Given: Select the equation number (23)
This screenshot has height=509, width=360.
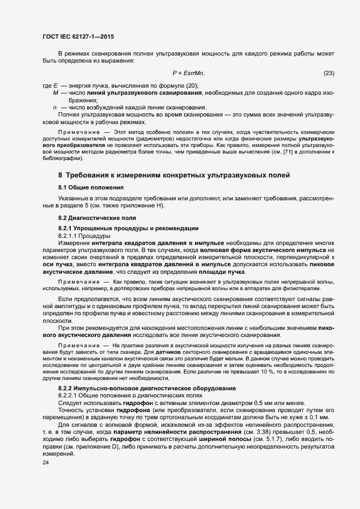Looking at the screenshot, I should click(329, 73).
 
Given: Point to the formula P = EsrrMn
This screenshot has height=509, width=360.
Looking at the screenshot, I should click(188, 73).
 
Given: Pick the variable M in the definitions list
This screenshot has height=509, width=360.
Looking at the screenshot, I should click(56, 94).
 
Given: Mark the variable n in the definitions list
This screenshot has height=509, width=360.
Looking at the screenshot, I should click(55, 107).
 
